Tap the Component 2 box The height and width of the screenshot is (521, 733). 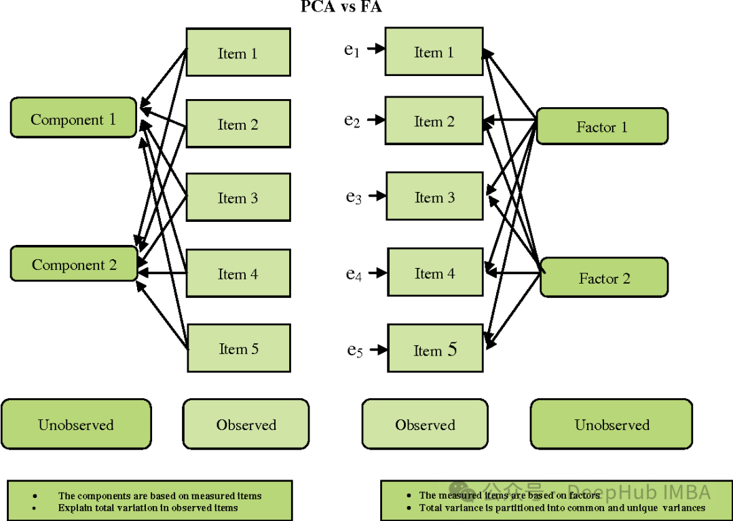coord(73,264)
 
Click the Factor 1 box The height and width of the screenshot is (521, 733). coord(602,126)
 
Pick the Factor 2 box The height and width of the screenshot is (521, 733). coord(604,277)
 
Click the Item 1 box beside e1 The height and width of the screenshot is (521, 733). coord(434,52)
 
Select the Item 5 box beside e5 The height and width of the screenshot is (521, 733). coord(434,349)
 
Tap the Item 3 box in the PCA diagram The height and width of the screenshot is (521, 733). coord(238,197)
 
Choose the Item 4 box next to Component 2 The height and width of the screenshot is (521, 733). coord(238,273)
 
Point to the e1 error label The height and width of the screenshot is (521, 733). coord(352,50)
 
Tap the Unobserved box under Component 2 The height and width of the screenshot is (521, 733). coord(76,425)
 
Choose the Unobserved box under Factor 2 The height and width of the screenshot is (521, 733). coord(612,425)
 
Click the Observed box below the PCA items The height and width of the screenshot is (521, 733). coord(246,425)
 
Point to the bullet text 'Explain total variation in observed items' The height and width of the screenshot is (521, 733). coord(148,507)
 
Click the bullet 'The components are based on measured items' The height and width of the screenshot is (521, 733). coord(159,496)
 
